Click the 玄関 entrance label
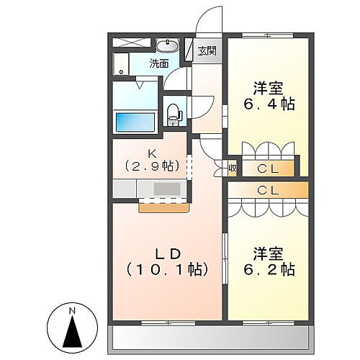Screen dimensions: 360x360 [207, 50]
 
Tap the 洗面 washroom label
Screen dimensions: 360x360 [159, 63]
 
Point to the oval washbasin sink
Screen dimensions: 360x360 [166, 44]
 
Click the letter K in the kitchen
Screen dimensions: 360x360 [152, 153]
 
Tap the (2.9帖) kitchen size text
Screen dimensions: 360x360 [152, 166]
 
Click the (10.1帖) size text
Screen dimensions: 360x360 [168, 270]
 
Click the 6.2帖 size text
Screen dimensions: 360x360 [266, 270]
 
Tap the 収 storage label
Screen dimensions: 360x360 [232, 168]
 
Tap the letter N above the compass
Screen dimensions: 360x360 [72, 310]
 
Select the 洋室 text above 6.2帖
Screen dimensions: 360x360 [266, 253]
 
